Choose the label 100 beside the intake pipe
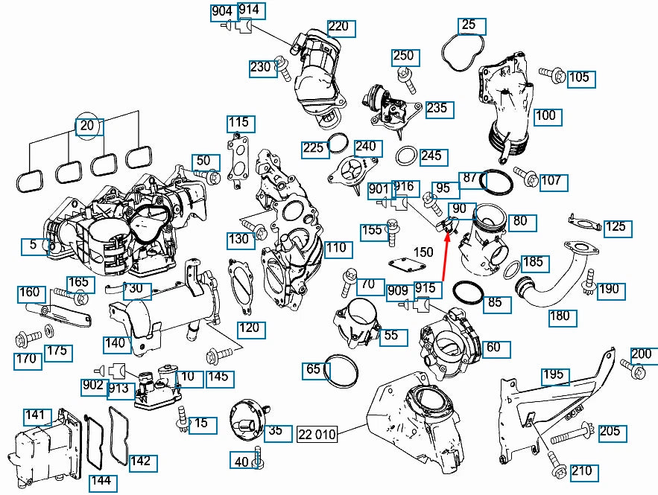pos(545,115)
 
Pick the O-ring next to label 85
pos(468,293)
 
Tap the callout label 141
pos(36,414)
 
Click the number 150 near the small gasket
pos(423,252)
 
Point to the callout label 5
pos(33,245)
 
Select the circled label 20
pos(87,126)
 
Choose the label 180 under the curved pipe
pos(560,316)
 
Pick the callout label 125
pos(615,226)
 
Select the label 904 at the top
pos(222,12)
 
